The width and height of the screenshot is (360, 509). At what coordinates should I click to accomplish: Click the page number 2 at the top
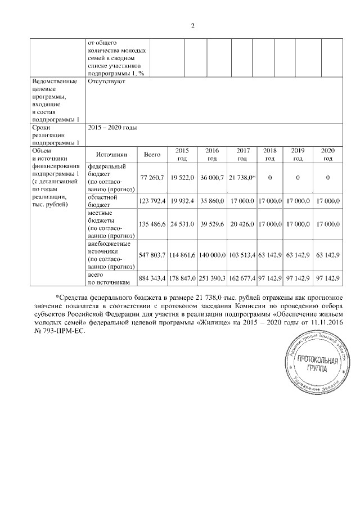tap(192, 26)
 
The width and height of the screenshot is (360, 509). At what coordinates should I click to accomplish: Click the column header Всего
tap(152, 154)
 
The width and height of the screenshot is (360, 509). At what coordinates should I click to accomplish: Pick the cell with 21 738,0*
tap(242, 178)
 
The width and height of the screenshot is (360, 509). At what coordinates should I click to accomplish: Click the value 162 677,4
tap(242, 279)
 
